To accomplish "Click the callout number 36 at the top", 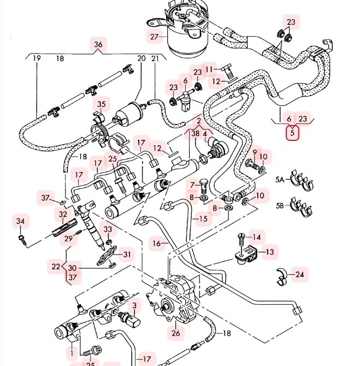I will point(98,45).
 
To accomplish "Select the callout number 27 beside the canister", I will point(154,37).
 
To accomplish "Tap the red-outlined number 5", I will point(292,133).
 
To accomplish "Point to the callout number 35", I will point(102,104).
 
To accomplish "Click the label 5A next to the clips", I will point(280,179).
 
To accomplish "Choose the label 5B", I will point(280,205).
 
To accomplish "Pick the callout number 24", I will point(299,275).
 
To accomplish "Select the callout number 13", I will point(269,252).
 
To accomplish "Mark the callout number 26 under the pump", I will point(175,333).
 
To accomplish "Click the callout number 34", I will point(20,221).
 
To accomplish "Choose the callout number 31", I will point(127,254).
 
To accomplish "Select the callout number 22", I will point(56,267).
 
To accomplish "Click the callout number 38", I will point(195,133).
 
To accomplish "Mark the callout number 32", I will point(63,214).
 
